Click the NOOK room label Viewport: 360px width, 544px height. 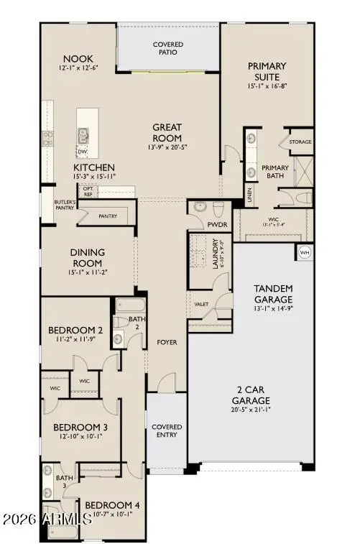point(79,58)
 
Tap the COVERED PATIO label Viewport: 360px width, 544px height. point(167,49)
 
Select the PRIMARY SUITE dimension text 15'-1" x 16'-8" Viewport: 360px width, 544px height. point(267,87)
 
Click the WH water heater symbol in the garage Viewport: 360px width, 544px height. point(303,253)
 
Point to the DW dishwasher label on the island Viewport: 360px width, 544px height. point(83,151)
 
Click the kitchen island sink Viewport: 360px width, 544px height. point(83,134)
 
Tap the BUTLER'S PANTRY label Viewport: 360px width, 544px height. point(57,207)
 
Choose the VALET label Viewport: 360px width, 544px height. point(201,304)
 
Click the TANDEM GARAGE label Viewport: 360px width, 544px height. point(273,293)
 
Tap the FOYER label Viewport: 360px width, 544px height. point(167,342)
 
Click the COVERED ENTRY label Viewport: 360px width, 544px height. point(167,430)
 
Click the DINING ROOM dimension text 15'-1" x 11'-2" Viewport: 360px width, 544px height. point(87,272)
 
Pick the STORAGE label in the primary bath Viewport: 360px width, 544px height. point(300,142)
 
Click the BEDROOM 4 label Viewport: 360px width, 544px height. point(111,505)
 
